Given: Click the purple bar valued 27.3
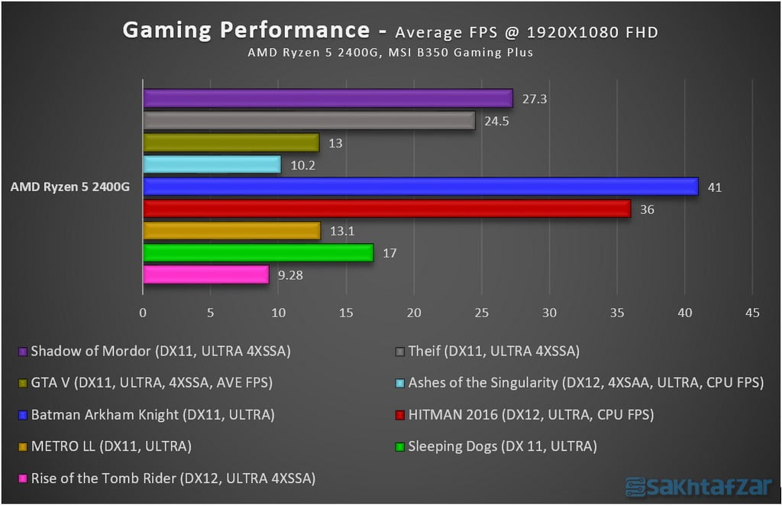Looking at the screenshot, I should click(x=328, y=98).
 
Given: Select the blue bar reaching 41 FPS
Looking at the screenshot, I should click(x=420, y=187).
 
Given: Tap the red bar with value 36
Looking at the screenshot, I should click(x=386, y=209).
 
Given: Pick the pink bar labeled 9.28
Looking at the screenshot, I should click(x=206, y=274).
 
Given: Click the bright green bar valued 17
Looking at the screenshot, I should click(x=258, y=252).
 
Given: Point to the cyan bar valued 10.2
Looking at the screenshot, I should click(x=212, y=164).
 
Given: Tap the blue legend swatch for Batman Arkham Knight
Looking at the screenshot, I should click(x=23, y=416).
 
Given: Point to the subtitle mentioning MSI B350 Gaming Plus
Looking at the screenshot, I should click(x=389, y=53).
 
